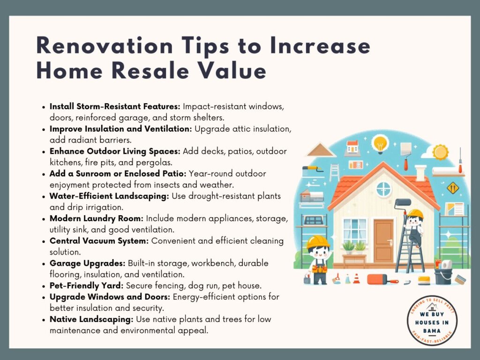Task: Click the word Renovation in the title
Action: point(105,45)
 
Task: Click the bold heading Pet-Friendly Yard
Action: point(87,285)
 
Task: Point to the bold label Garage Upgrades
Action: point(88,263)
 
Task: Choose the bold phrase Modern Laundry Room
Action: point(97,218)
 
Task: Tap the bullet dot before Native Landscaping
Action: point(44,320)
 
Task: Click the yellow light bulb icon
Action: point(380,144)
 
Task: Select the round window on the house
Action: point(383,189)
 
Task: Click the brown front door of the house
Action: point(383,241)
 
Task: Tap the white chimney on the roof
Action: point(420,172)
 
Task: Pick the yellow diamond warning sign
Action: point(452,188)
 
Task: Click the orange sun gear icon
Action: point(440,152)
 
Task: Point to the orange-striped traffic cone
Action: point(356,278)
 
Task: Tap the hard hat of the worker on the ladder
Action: point(415,214)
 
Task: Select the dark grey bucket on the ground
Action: point(442,276)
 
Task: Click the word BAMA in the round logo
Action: point(432,330)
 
